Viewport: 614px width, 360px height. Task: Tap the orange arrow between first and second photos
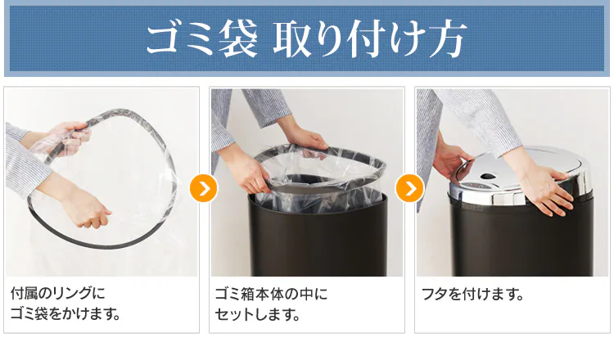click(x=203, y=188)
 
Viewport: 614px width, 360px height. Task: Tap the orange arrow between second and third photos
click(x=409, y=188)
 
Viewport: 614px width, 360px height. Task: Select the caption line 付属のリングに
click(x=58, y=294)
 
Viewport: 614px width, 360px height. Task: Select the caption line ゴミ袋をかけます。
click(x=65, y=314)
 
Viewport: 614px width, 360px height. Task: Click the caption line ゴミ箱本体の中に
click(x=270, y=294)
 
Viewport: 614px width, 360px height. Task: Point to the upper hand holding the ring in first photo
click(x=70, y=135)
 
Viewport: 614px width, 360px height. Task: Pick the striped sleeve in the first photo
click(x=20, y=160)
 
